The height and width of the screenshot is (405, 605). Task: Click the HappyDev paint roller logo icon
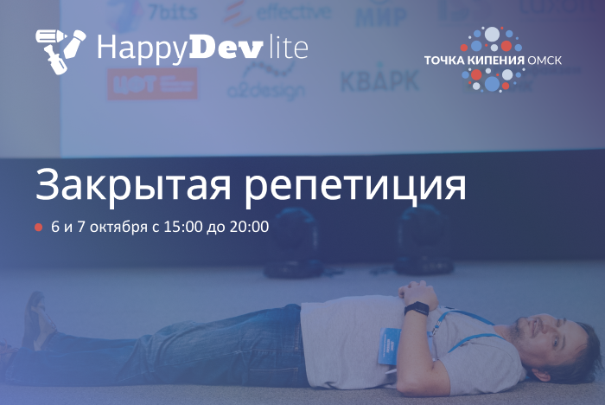tap(60, 48)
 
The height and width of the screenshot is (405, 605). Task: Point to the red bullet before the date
tap(38, 228)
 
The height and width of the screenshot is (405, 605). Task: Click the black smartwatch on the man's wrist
tap(417, 309)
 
